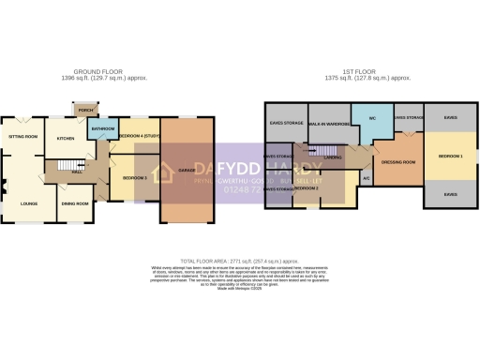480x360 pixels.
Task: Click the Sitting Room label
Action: pos(23,137)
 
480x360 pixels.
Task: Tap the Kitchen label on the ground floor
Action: pos(66,139)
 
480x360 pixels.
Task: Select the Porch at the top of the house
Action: pos(86,111)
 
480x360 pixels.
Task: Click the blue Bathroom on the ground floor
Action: pos(102,129)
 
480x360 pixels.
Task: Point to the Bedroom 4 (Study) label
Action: pos(140,137)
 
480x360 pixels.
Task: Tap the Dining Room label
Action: pos(75,203)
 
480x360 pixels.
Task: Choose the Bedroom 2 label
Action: pos(306,188)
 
